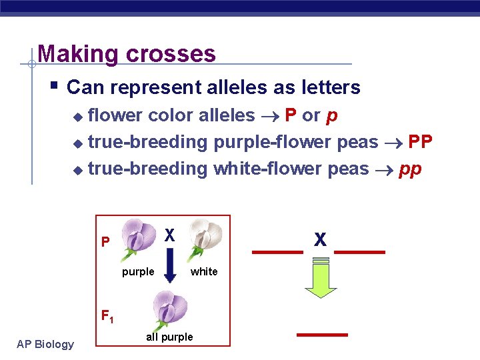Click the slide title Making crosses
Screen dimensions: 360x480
point(127,53)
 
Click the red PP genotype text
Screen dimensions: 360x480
point(420,142)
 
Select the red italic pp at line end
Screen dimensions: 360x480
point(410,169)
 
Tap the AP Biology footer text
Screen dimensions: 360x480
point(45,344)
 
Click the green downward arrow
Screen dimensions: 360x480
point(321,283)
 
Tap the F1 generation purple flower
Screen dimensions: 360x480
point(170,310)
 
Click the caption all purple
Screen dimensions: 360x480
point(169,337)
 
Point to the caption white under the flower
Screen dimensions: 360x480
point(204,271)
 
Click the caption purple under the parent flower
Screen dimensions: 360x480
point(138,271)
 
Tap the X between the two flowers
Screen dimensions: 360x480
point(170,235)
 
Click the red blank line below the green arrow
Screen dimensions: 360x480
point(322,333)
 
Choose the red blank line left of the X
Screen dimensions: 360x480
point(277,253)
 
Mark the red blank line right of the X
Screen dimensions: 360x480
point(360,253)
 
